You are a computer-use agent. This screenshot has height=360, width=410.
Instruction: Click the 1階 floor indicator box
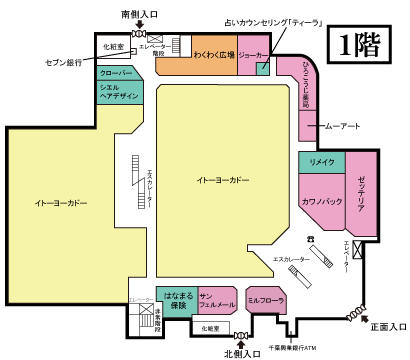click(358, 44)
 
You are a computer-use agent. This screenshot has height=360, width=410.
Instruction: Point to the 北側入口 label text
click(240, 352)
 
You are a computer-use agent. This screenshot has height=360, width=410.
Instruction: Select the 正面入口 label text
click(386, 326)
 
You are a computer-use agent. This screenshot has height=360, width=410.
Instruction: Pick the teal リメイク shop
click(321, 161)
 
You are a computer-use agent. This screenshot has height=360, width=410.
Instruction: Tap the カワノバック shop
click(321, 201)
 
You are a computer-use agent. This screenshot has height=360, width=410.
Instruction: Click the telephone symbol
click(311, 236)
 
